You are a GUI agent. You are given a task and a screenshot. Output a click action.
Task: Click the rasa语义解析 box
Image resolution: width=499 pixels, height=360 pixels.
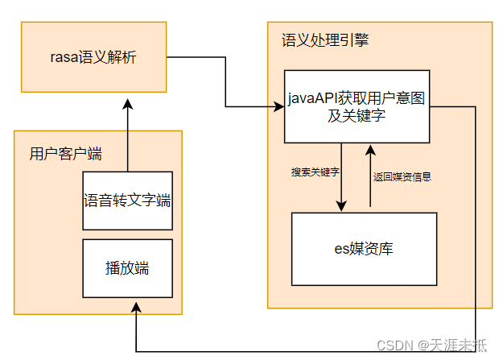pyautogui.click(x=93, y=56)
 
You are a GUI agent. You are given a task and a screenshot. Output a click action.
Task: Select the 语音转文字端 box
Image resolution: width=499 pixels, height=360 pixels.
pyautogui.click(x=127, y=201)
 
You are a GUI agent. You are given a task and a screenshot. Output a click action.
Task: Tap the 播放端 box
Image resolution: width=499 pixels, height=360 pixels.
pyautogui.click(x=127, y=268)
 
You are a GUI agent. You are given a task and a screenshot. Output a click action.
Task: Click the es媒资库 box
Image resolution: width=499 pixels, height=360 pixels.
pyautogui.click(x=364, y=248)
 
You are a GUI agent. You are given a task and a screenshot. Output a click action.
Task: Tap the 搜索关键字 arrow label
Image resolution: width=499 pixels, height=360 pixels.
pyautogui.click(x=315, y=172)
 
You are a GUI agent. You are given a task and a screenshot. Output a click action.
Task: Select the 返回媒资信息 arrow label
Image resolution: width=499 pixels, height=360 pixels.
pyautogui.click(x=402, y=176)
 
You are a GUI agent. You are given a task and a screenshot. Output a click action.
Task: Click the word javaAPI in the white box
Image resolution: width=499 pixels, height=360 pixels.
pyautogui.click(x=311, y=98)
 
